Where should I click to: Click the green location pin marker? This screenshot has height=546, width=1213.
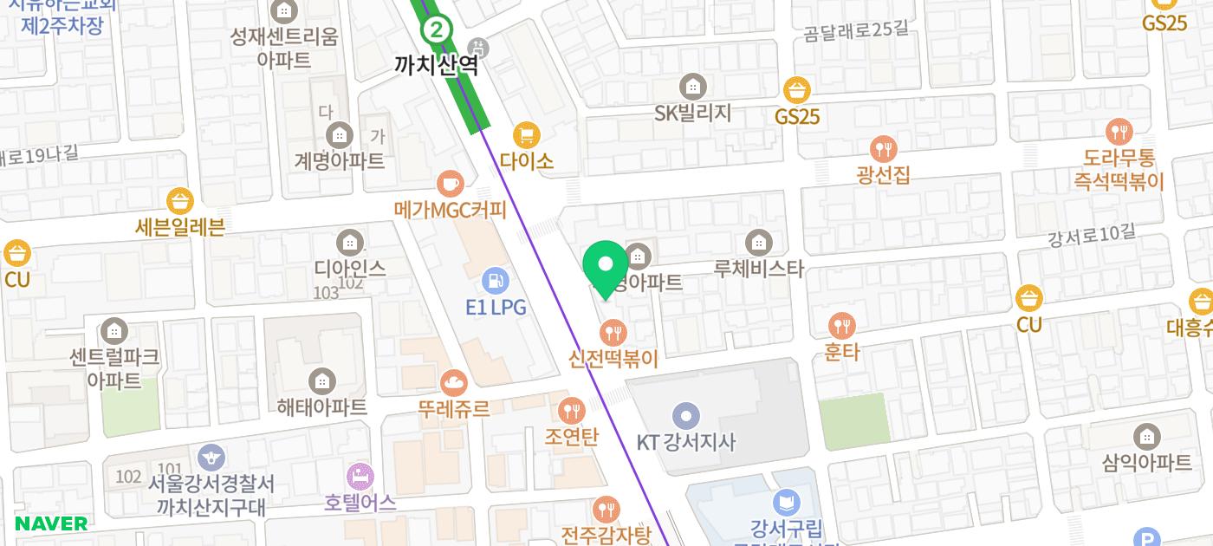pos(606,266)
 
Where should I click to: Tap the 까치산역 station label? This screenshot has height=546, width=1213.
pos(436,64)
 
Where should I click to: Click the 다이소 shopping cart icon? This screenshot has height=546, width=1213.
pos(526,135)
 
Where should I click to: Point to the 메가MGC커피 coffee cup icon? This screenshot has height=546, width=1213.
pos(450,184)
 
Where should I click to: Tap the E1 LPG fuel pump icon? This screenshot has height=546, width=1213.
pos(496,281)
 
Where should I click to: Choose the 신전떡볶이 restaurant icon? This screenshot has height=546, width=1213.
pos(613,332)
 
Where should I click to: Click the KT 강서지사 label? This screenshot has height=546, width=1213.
pos(686,442)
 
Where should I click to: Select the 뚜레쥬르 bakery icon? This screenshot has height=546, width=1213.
pos(453,382)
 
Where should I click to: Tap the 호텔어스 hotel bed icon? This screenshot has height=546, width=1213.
pos(360,476)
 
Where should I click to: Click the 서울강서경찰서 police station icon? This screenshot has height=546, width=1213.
pos(211,457)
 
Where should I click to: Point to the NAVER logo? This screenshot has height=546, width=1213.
pos(51,523)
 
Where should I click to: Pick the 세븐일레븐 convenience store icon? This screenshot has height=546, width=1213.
pos(179,201)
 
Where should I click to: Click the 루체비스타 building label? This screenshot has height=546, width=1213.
pos(759,269)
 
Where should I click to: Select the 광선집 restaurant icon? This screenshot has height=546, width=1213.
pos(883,149)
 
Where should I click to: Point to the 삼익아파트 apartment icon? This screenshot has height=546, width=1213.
pos(1147,437)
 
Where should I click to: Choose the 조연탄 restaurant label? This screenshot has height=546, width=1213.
pos(571,437)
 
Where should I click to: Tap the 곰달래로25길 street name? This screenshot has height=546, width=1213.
pos(856,32)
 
